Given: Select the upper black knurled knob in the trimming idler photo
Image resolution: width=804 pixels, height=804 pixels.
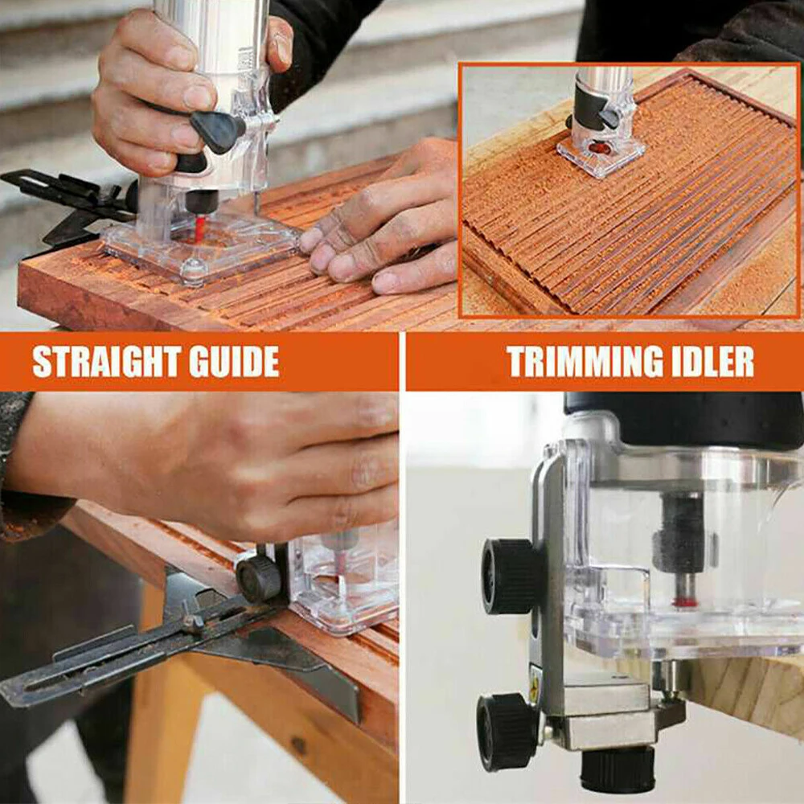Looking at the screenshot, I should coord(510,576).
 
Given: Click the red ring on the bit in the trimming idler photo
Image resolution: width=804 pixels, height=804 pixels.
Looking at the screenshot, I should coord(684,601).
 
